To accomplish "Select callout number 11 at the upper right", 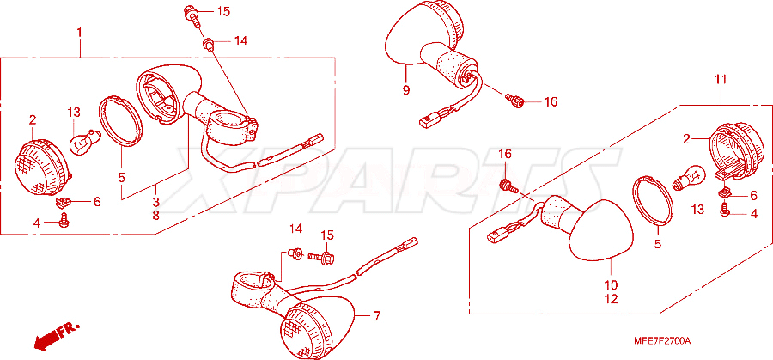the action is point(721,79).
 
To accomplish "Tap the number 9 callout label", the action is point(405,91).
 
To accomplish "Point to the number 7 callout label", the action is point(377,316).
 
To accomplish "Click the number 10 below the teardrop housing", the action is point(611,285).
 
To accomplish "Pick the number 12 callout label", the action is point(611,299).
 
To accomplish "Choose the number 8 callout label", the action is point(155,215).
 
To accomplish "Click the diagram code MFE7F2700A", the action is point(662,341).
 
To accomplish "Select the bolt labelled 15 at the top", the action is point(192,14).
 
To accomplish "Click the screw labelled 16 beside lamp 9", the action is point(514,101).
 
